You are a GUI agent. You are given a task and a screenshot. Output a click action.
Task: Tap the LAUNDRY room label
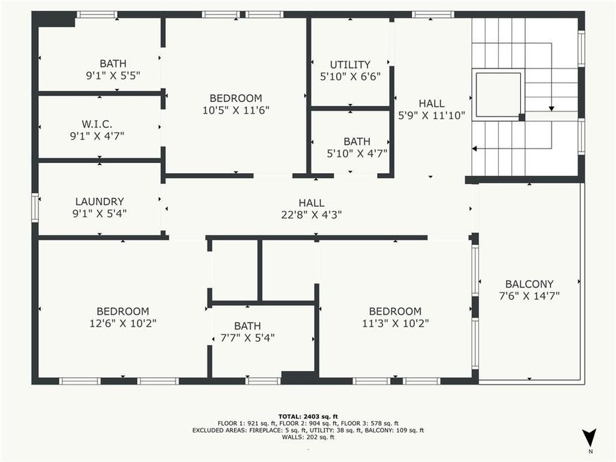[x=99, y=201]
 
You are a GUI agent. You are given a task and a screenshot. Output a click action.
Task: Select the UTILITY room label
[x=350, y=65]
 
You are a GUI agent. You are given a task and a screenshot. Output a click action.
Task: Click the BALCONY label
[x=529, y=284]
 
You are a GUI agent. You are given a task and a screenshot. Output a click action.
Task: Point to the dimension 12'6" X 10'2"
[x=123, y=323]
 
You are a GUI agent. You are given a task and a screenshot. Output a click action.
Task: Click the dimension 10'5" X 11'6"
[x=235, y=110]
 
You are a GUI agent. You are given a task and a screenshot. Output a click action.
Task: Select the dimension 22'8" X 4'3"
[x=311, y=214]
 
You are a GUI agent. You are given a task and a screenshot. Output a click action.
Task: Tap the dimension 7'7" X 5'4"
[x=247, y=337]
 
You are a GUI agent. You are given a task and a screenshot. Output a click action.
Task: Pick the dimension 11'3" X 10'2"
[x=396, y=323]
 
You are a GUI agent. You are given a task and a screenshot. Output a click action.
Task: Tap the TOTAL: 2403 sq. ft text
[x=308, y=416]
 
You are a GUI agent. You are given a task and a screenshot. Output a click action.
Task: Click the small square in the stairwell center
[x=498, y=94]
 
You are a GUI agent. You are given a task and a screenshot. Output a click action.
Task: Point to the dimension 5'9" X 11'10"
[x=431, y=116]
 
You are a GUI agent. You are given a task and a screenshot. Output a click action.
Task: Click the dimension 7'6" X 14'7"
[x=529, y=296]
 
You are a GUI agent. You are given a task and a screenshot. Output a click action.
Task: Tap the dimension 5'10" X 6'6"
[x=350, y=77]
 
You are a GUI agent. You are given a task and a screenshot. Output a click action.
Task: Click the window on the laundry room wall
[x=35, y=207]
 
